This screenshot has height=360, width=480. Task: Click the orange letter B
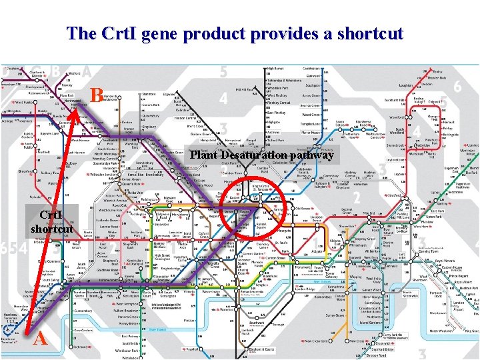coord(97,96)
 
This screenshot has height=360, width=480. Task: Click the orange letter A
coord(40,339)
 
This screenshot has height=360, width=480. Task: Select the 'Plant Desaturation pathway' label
coord(262,156)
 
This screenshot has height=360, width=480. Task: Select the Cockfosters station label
coord(313,69)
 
